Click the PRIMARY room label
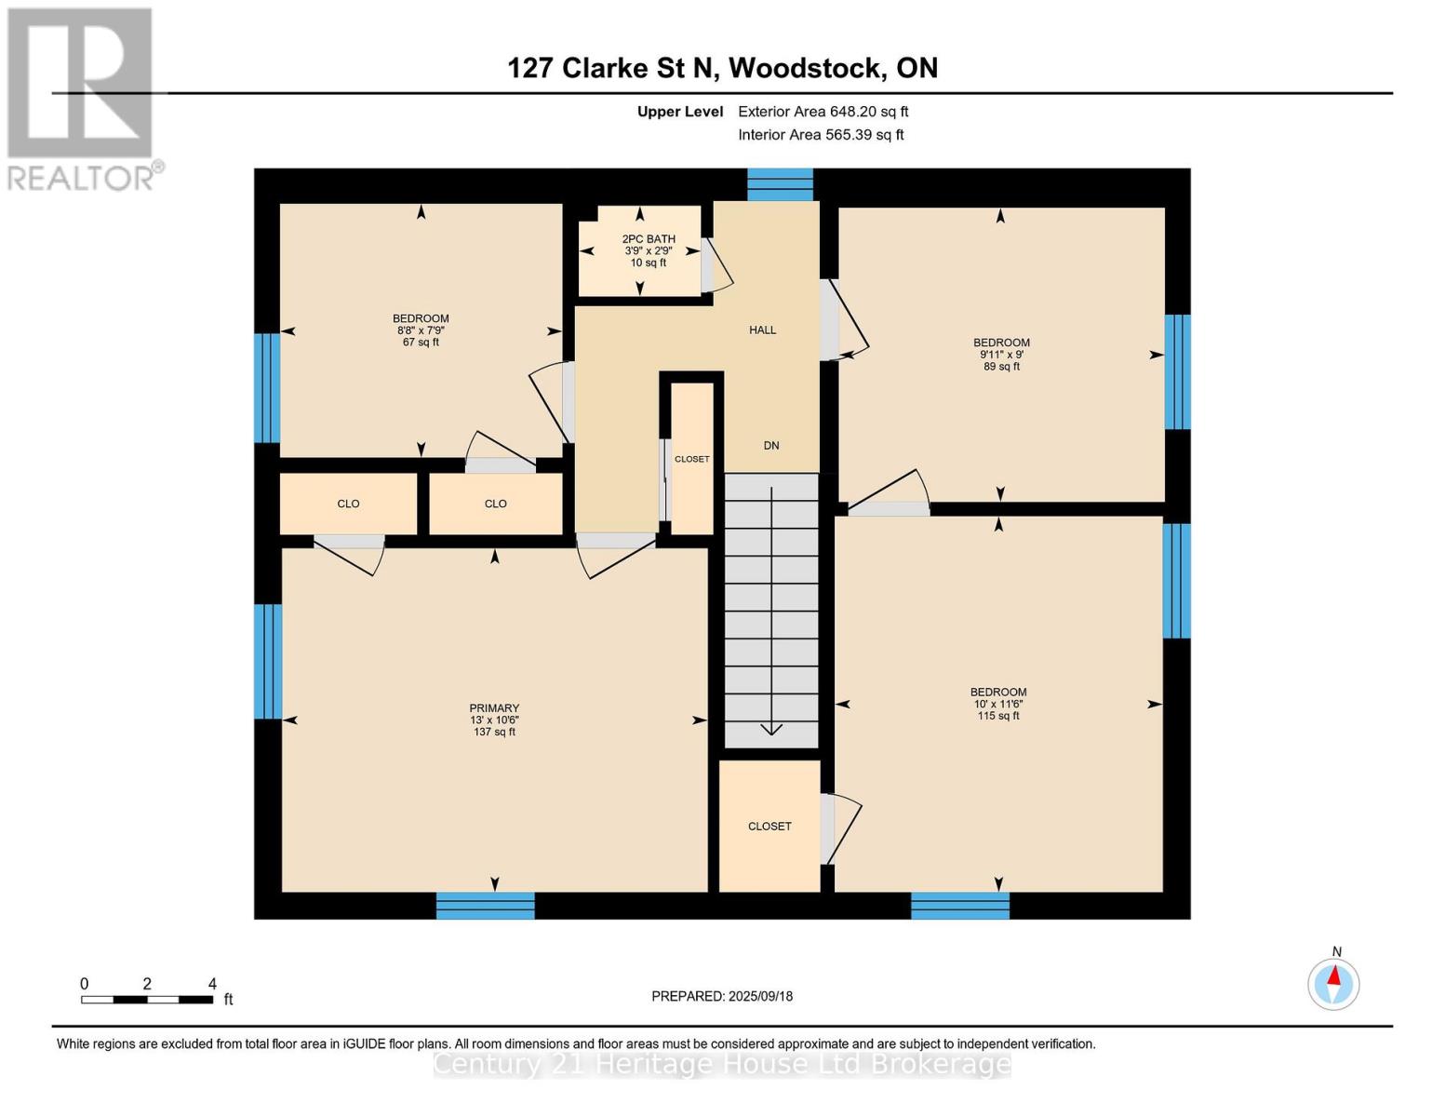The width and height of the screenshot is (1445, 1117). [x=494, y=708]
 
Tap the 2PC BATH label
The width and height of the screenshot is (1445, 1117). [x=649, y=239]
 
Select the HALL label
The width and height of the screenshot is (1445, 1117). [x=762, y=330]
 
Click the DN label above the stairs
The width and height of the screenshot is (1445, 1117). [x=771, y=446]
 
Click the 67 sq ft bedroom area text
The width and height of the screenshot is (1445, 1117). [x=421, y=343]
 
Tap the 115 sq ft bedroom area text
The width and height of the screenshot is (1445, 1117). [x=998, y=716]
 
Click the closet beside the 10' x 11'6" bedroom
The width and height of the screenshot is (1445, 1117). [x=769, y=826]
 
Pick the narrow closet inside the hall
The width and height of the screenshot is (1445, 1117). [x=691, y=459]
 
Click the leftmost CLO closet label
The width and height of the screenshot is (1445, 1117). [x=348, y=504]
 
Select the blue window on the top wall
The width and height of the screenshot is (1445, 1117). [x=780, y=184]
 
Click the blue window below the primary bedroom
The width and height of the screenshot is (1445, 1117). [x=485, y=906]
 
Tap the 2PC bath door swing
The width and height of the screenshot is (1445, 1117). [x=716, y=267]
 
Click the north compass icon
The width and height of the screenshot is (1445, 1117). [x=1333, y=983]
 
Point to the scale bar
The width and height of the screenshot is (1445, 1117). [x=147, y=1000]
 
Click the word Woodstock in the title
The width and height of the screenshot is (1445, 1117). [x=806, y=68]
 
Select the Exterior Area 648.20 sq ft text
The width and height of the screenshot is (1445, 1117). [x=823, y=112]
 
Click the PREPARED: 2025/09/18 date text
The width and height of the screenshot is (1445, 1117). [x=722, y=996]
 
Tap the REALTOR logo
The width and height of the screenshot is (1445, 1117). [x=82, y=98]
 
